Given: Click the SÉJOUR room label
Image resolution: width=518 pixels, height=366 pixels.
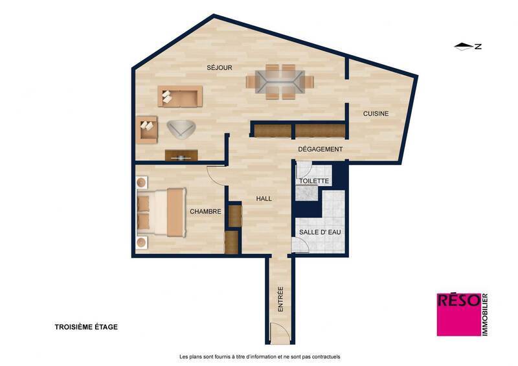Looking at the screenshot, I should (220, 67).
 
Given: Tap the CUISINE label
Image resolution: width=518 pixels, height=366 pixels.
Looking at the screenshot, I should (376, 114).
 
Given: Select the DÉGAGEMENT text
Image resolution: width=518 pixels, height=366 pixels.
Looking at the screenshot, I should (320, 150).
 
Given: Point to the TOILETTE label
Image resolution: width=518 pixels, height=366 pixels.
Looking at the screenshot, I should (319, 181).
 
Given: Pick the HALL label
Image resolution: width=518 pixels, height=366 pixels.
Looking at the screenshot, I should (264, 199).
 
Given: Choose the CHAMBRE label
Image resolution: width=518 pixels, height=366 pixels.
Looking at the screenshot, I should (206, 211).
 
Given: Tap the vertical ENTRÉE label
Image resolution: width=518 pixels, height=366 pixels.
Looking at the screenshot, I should (280, 300).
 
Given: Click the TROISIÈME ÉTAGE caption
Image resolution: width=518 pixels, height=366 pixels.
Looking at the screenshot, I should (86, 327).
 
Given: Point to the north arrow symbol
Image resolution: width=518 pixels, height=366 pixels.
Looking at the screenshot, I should (465, 46).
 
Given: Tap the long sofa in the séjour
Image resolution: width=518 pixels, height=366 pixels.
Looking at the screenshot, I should (180, 98).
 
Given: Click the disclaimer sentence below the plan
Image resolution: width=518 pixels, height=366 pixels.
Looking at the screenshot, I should (259, 356).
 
